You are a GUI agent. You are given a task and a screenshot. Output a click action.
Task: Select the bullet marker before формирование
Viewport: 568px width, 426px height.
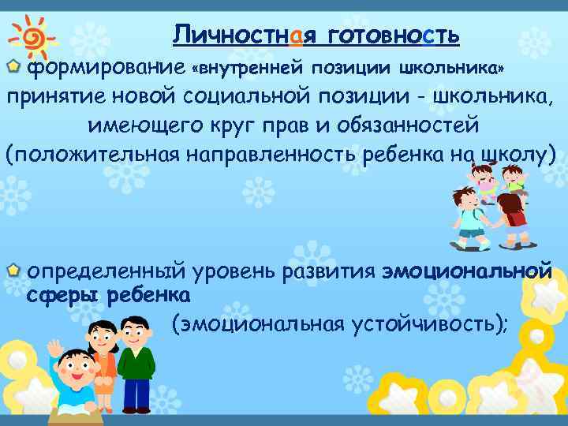tap(14, 69)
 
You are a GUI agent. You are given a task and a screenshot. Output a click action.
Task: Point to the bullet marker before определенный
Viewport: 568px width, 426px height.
tap(13, 271)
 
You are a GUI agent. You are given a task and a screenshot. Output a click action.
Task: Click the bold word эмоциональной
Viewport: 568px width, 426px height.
tap(466, 271)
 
